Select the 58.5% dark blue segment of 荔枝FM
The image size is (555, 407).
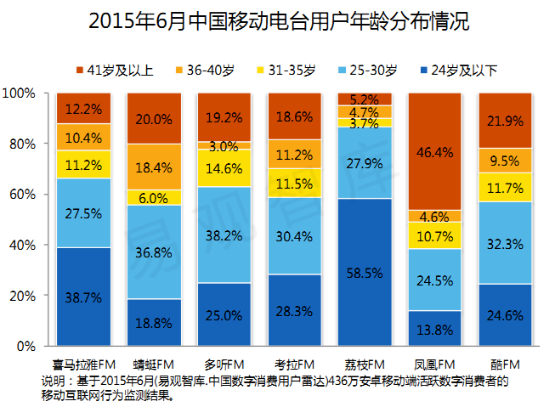tap(365, 272)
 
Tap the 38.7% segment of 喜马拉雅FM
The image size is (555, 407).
tap(83, 297)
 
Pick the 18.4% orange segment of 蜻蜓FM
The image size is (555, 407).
tap(154, 167)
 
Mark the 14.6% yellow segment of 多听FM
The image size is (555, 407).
tap(224, 168)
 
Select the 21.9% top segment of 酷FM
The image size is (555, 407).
tap(505, 120)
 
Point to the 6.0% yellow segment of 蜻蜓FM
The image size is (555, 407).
tap(154, 197)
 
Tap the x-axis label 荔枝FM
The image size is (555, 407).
tap(365, 364)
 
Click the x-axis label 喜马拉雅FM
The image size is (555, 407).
tap(83, 364)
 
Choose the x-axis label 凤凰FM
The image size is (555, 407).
tap(435, 364)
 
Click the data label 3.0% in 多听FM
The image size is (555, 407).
tap(224, 145)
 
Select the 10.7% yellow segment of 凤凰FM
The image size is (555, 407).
tap(435, 235)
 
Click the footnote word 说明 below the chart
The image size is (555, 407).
tap(51, 380)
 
